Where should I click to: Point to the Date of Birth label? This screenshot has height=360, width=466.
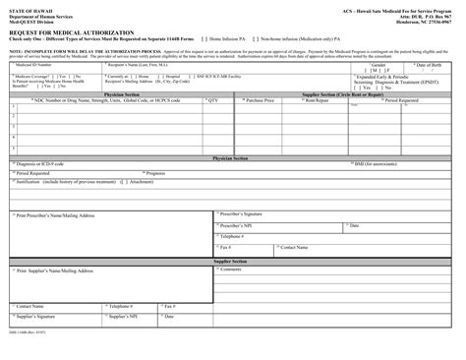click(x=432, y=64)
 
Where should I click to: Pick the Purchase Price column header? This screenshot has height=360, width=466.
click(x=262, y=100)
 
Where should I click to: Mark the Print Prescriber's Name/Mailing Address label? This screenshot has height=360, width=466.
click(x=56, y=213)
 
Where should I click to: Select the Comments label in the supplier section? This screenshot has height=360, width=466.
click(x=231, y=269)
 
